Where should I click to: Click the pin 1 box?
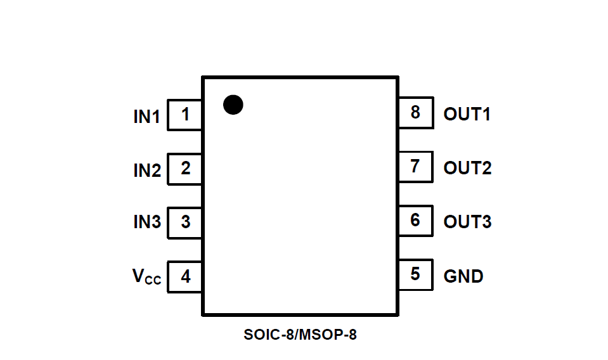tap(184, 115)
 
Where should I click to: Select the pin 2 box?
tap(184, 169)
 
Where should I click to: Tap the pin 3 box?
tap(184, 222)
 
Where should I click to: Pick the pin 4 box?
tap(184, 277)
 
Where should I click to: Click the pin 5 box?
tap(415, 274)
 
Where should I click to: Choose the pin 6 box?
tap(415, 221)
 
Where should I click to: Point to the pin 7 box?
tap(415, 167)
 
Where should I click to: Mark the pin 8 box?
tap(415, 113)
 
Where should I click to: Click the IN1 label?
tap(146, 117)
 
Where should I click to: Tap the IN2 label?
tap(146, 170)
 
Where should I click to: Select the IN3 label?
tap(146, 222)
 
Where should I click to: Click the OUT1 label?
tap(467, 115)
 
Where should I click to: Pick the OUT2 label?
tap(467, 169)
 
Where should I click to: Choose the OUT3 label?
tap(467, 222)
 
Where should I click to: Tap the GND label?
tap(463, 276)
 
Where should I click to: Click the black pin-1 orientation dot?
tap(233, 105)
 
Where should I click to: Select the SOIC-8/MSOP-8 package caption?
tap(300, 335)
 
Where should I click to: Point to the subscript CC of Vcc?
tap(153, 281)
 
